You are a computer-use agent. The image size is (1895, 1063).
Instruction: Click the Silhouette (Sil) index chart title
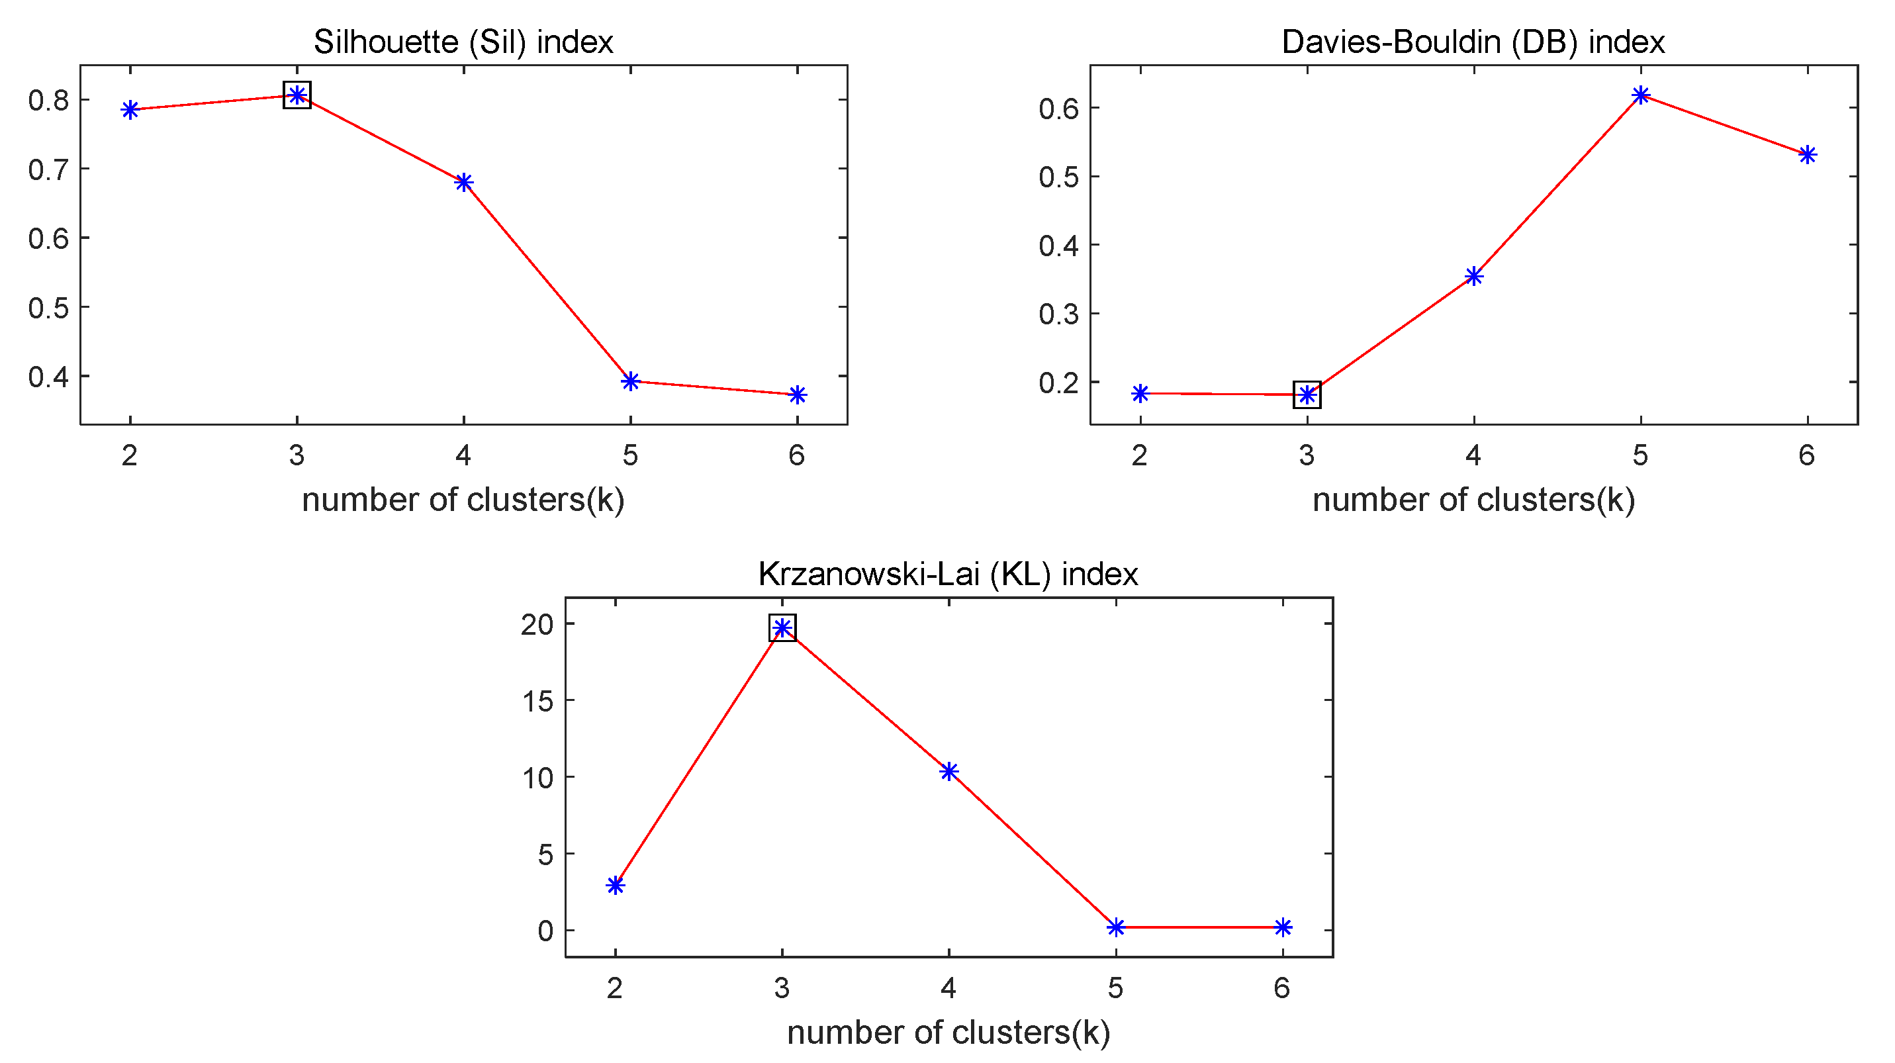point(463,42)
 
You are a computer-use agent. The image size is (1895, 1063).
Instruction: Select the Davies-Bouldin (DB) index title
point(1473,42)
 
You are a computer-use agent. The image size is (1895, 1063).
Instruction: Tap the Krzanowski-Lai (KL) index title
point(948,574)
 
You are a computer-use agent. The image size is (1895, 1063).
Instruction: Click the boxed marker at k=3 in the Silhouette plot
point(297,95)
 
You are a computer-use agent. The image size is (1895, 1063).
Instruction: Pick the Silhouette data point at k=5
point(630,381)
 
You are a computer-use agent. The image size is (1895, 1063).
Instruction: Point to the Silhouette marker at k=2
point(130,111)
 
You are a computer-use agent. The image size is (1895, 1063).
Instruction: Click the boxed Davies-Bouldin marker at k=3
point(1307,395)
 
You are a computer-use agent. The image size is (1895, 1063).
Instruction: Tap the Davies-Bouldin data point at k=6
point(1808,154)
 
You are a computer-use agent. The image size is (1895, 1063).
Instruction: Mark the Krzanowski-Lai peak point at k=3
point(783,627)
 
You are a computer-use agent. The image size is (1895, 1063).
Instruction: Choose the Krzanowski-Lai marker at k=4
point(949,771)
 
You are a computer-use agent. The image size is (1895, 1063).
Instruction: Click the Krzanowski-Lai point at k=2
point(616,885)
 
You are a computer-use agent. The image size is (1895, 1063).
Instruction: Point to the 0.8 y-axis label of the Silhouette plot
point(48,100)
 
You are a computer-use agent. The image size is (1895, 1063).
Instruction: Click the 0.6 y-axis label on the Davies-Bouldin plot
point(1058,109)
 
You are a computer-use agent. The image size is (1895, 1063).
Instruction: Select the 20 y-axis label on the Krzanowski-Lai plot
point(537,625)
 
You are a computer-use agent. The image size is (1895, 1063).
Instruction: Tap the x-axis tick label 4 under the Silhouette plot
point(463,455)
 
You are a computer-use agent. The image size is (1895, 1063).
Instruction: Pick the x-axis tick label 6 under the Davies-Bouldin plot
point(1807,455)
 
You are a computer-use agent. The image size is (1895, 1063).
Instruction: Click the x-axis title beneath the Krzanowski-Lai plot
point(948,1032)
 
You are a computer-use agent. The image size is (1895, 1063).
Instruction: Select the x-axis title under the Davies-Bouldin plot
point(1473,500)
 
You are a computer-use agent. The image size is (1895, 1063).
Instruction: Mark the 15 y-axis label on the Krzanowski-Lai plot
point(537,701)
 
